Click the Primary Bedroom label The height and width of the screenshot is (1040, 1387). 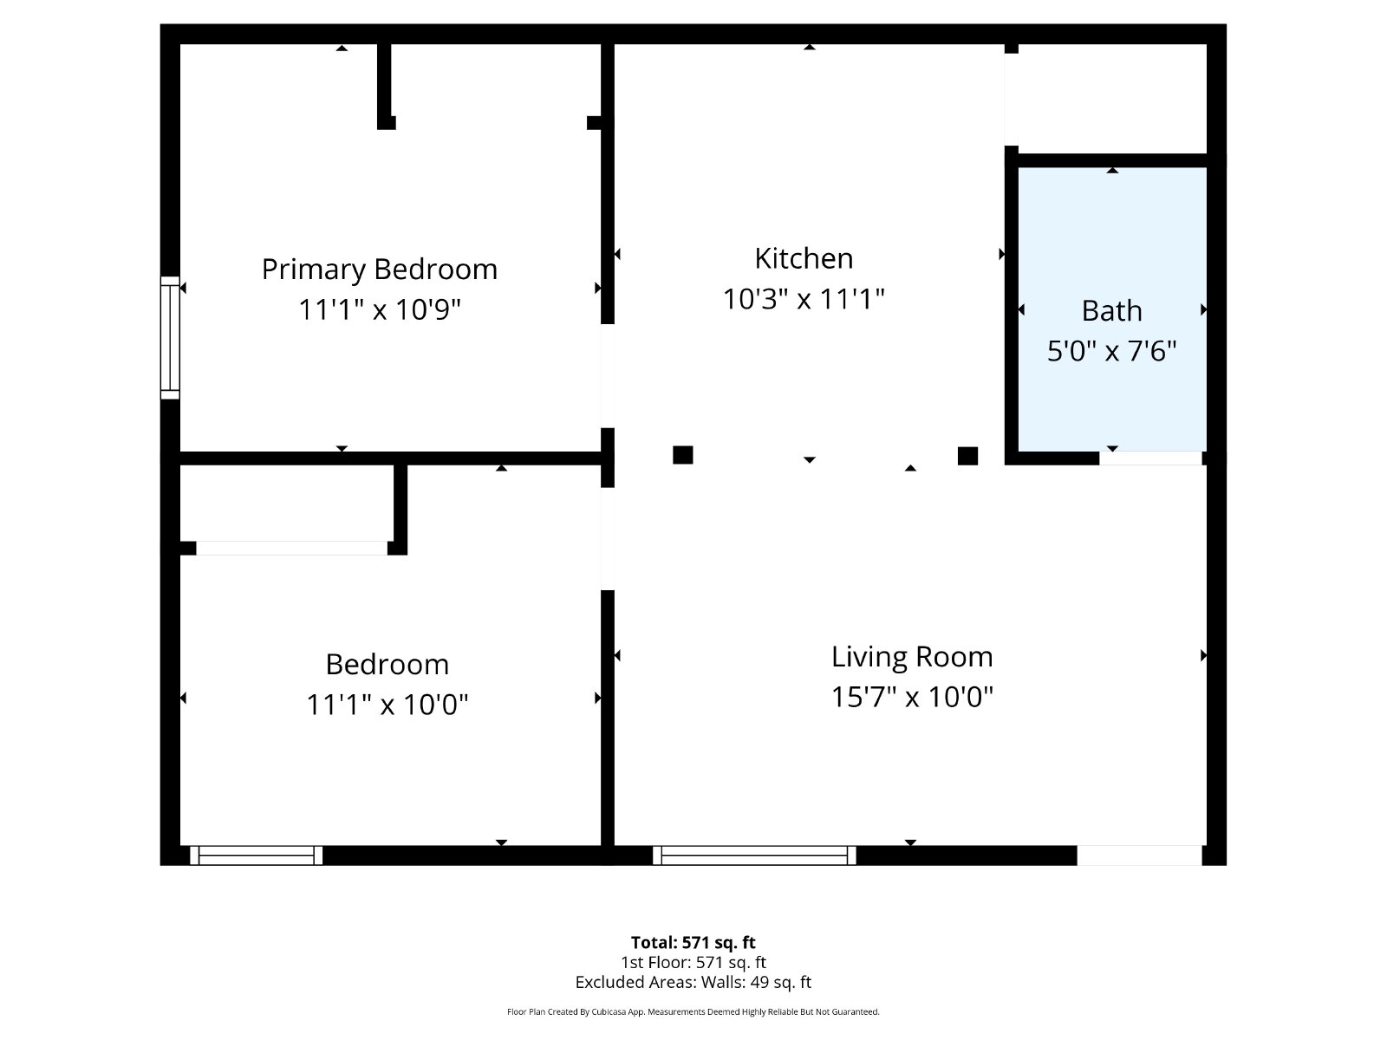[x=379, y=270]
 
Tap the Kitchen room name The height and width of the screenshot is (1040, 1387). [x=804, y=258]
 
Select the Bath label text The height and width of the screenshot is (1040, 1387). [x=1111, y=310]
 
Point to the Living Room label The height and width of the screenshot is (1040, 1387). [x=912, y=657]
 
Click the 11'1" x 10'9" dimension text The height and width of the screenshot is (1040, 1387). [x=379, y=309]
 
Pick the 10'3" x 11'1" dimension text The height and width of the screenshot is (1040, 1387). [x=803, y=299]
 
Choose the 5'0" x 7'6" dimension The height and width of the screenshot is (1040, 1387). [x=1111, y=351]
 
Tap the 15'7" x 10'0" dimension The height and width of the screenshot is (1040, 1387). [x=912, y=697]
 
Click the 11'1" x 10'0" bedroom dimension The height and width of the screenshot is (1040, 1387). [x=387, y=704]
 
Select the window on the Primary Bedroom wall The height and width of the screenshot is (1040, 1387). [x=170, y=338]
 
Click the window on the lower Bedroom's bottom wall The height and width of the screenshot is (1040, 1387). [x=256, y=855]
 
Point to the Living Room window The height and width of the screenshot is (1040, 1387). [x=754, y=855]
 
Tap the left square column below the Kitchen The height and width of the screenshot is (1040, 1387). [x=682, y=455]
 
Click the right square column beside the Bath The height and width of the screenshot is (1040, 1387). [x=967, y=455]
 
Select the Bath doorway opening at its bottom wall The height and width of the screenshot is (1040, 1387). [x=1150, y=458]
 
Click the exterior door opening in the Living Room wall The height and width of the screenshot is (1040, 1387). [x=1139, y=855]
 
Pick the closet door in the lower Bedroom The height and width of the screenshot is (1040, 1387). [x=291, y=548]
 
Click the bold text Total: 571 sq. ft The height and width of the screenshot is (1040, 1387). [x=693, y=942]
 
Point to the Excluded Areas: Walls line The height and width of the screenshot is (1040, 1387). [x=693, y=982]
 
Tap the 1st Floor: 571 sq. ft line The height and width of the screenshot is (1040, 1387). [x=693, y=962]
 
